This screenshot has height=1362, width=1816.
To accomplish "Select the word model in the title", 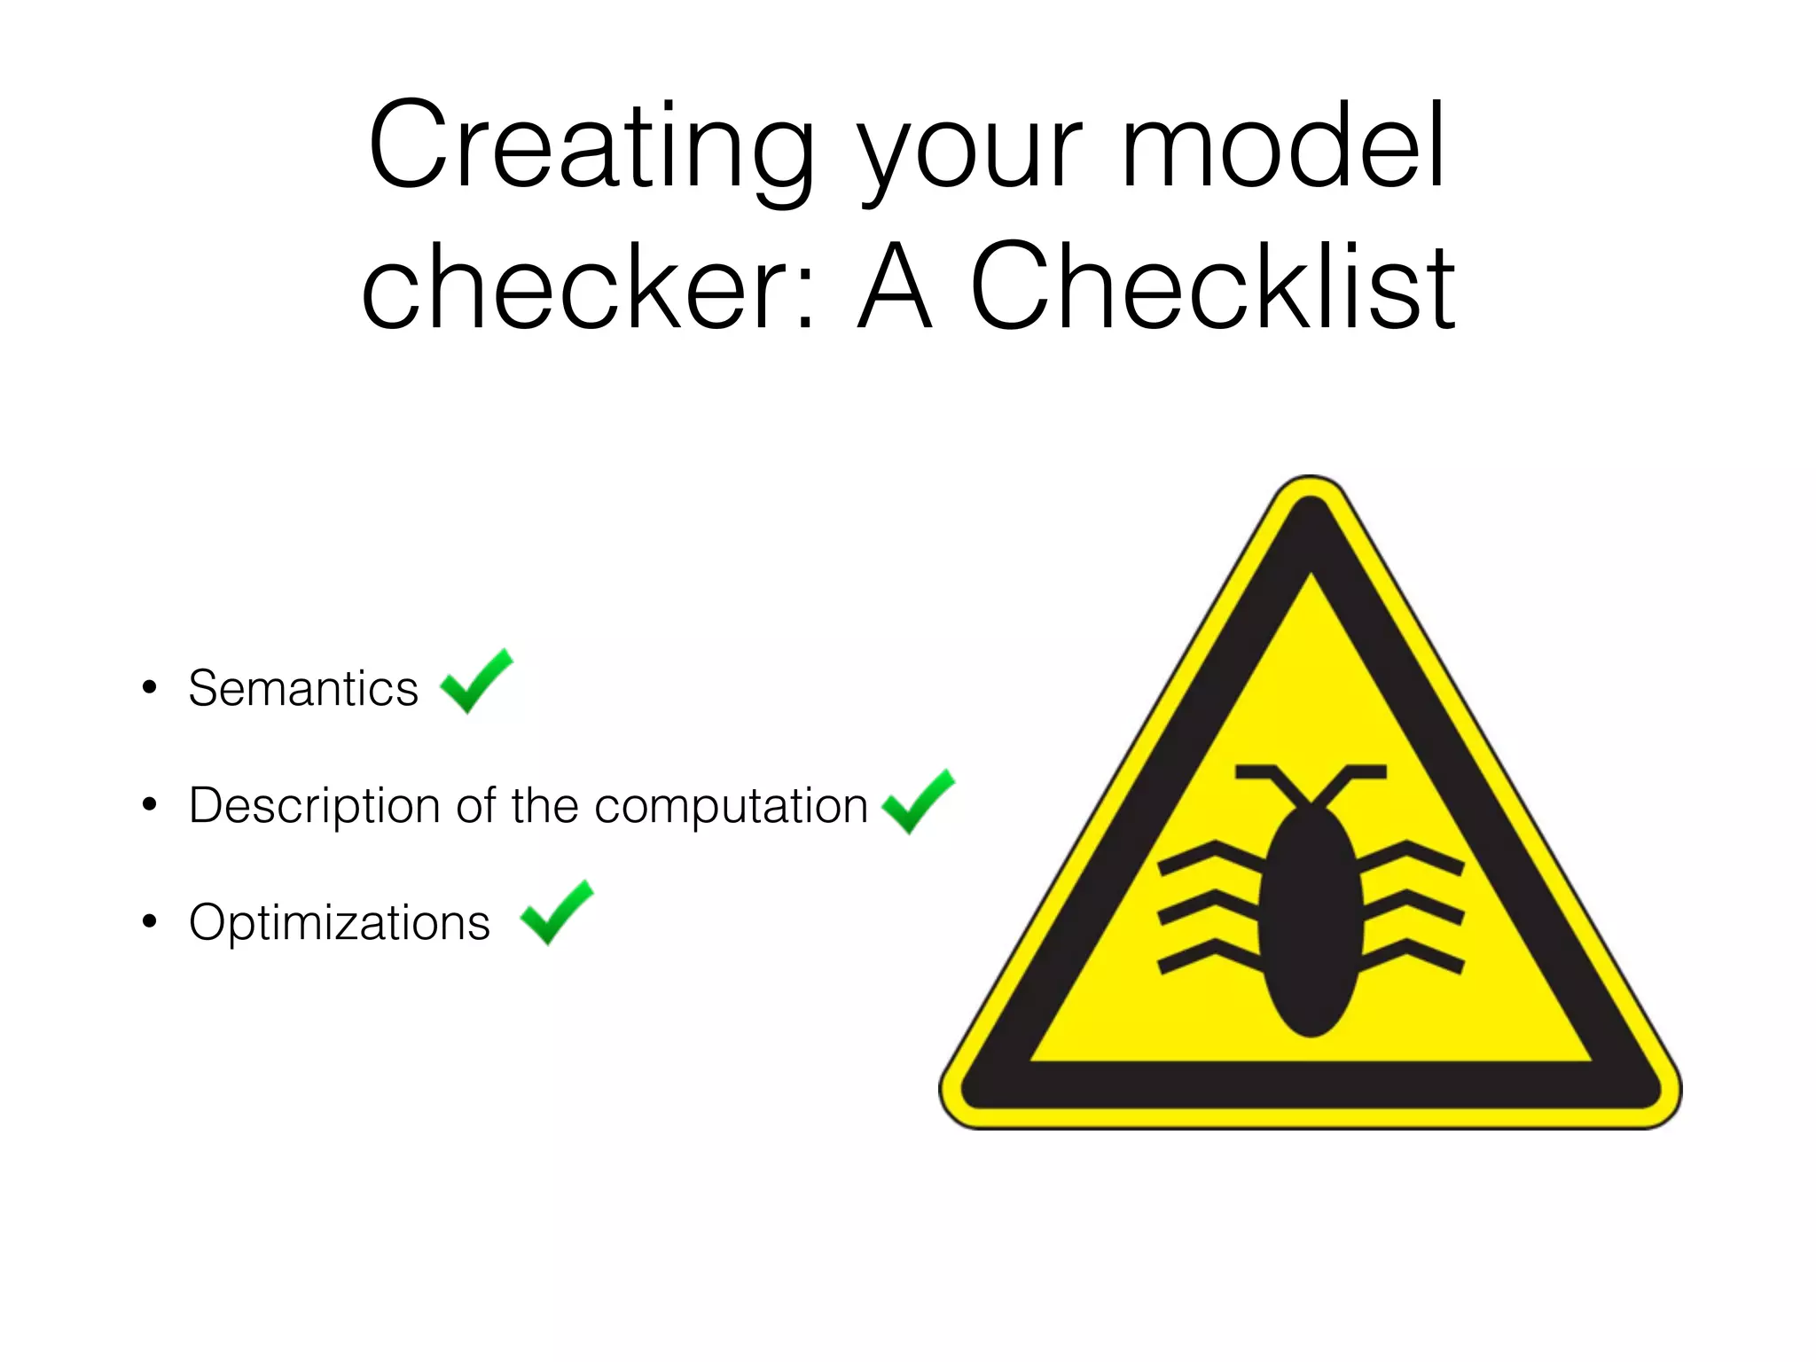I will click(x=1285, y=145).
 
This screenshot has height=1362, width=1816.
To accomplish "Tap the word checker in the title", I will click(x=576, y=287).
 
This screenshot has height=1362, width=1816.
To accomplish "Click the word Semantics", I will click(x=303, y=689).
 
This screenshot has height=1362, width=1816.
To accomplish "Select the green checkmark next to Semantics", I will click(x=476, y=681).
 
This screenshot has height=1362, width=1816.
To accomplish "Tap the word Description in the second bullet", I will click(x=315, y=807).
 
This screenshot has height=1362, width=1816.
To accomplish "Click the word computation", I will click(x=732, y=807).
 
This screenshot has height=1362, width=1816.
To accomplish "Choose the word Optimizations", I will click(x=340, y=923).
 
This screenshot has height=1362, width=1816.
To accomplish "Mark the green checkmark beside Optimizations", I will click(x=556, y=912).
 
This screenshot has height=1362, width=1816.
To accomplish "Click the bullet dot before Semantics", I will click(x=149, y=687).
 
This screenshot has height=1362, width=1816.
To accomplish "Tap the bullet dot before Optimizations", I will click(x=149, y=922).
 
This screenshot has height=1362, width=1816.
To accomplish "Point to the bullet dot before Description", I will click(x=149, y=805).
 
